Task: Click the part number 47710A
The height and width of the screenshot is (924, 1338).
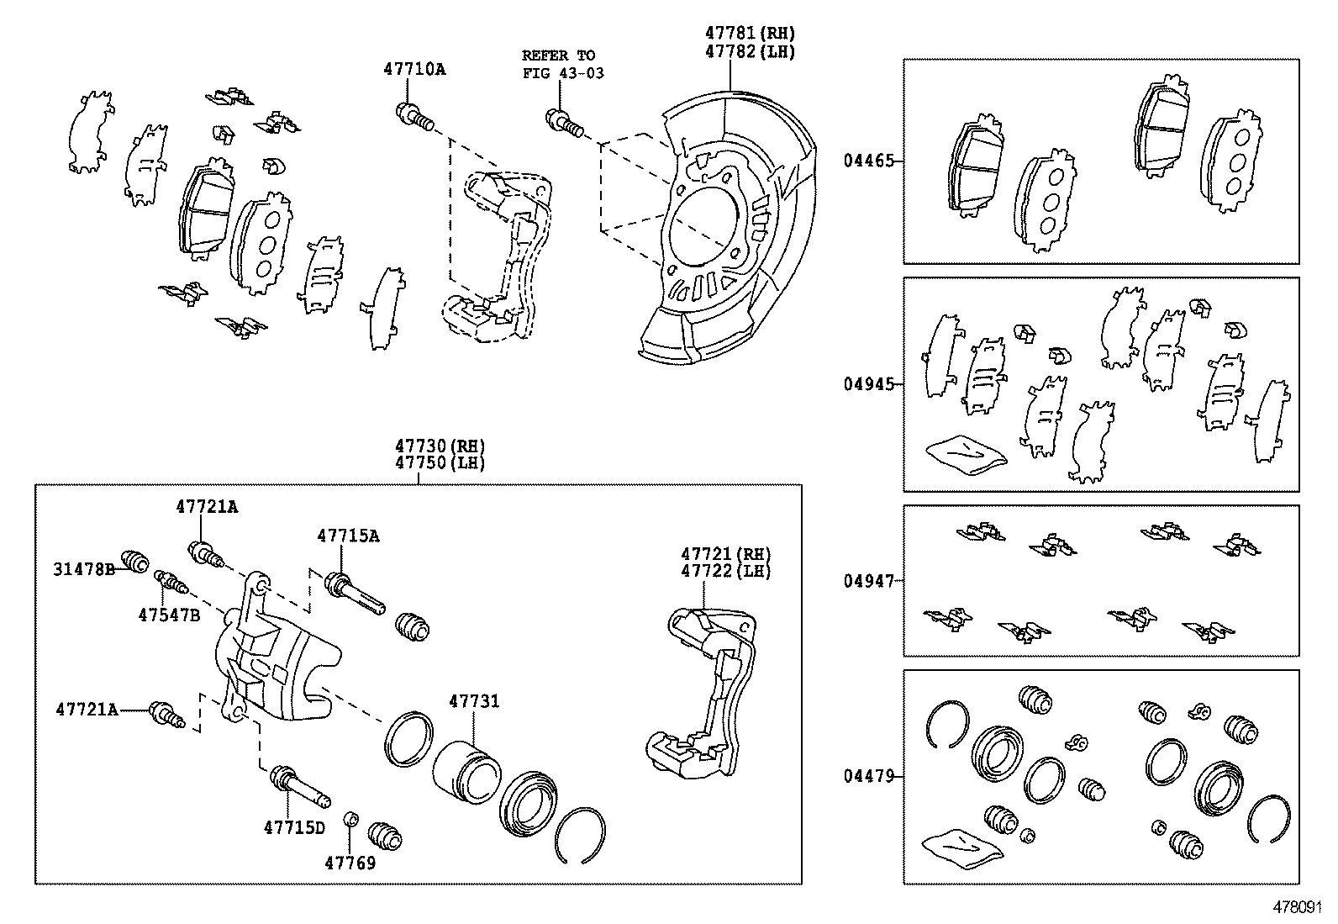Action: coord(414,70)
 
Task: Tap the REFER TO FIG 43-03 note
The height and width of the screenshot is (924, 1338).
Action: coord(562,64)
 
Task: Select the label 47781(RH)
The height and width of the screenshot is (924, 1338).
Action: coord(749,34)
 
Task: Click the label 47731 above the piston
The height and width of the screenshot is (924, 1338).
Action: coord(473,701)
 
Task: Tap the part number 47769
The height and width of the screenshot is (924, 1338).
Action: coord(350,863)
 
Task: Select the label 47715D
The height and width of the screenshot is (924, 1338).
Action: coord(293,827)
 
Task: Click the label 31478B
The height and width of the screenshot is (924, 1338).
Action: coord(84,569)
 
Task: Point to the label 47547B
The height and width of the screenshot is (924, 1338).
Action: coord(169,615)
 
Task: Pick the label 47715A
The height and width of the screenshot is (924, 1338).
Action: coord(348,536)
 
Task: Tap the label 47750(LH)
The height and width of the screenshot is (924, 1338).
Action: coord(440,462)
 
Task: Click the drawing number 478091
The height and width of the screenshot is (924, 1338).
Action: coord(1300,908)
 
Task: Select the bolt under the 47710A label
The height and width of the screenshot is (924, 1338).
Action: coord(413,117)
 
